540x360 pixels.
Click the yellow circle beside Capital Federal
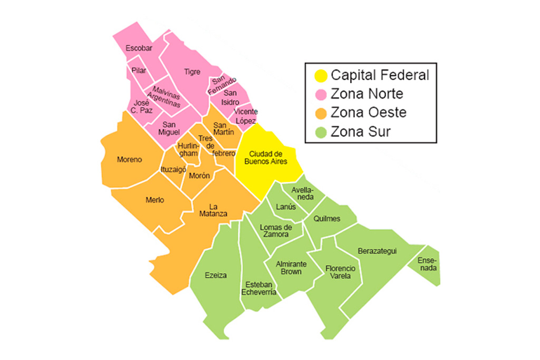(320, 75)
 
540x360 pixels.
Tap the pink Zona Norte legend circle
(320, 94)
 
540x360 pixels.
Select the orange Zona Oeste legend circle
(320, 113)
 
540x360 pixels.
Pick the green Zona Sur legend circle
(320, 132)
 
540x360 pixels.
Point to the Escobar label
(139, 48)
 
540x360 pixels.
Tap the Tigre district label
(192, 72)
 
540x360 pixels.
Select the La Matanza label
(213, 210)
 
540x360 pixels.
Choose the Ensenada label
(427, 264)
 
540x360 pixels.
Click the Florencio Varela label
(340, 272)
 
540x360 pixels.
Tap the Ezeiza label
(216, 275)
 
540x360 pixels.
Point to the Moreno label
(129, 159)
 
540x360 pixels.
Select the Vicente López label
(246, 116)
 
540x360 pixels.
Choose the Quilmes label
(327, 219)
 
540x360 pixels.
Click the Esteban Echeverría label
(258, 288)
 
